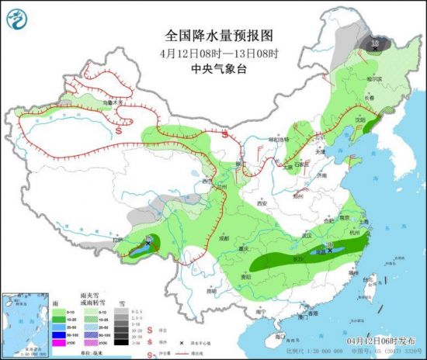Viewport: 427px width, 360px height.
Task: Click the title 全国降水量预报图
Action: (220, 36)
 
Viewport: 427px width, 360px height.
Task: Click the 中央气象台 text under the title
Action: (220, 68)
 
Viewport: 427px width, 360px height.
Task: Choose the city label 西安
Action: (262, 203)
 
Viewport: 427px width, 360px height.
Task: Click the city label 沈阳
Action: (358, 120)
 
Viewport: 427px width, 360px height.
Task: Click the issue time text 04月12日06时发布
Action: (380, 342)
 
